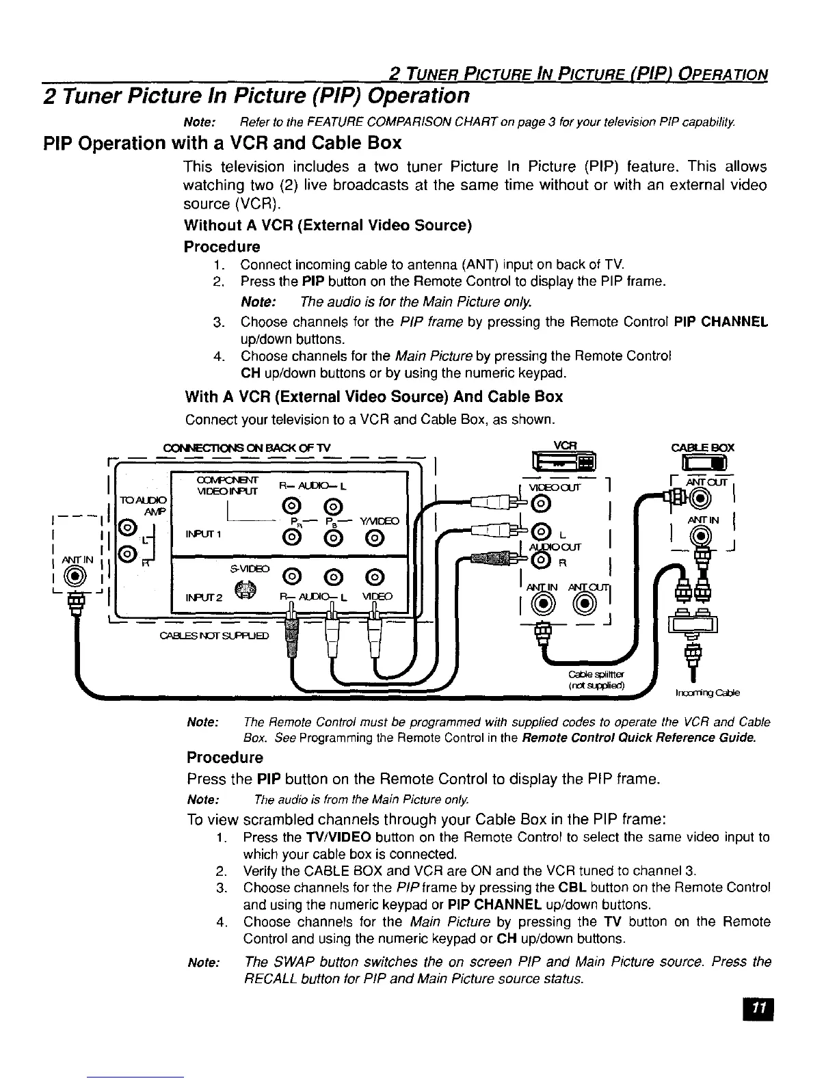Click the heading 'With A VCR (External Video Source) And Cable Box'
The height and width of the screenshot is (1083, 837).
(373, 397)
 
